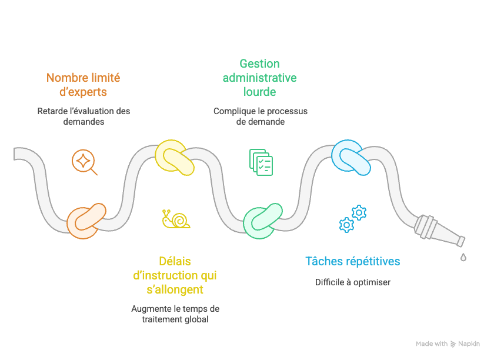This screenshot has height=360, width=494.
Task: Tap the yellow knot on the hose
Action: coord(174,158)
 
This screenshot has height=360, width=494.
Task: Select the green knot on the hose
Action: coord(263,221)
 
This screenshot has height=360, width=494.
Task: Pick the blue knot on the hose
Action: coord(351,157)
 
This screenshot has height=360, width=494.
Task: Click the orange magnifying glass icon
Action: coord(84,162)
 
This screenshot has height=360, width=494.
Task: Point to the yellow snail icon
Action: coord(176,219)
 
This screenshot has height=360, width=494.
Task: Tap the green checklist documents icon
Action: coord(261,162)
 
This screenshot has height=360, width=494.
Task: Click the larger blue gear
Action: coord(359,212)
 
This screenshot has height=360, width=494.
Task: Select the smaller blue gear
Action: coord(346,224)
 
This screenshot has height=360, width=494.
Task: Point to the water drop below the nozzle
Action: coord(463,256)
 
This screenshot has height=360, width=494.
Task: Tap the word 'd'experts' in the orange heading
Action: coord(83,92)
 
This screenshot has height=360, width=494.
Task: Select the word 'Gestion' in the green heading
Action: coord(259,64)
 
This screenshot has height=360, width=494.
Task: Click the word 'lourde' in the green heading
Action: coord(259,92)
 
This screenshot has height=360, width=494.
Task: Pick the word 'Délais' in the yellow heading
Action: coord(175,261)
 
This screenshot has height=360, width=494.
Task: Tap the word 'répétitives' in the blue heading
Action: coord(374,261)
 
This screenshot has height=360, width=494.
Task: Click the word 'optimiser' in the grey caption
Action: coord(371,282)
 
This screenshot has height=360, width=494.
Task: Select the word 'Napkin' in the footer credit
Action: coord(469,344)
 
